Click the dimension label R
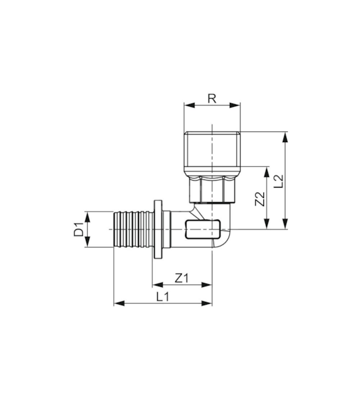click(x=212, y=99)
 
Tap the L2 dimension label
click(x=279, y=181)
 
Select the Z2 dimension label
click(x=260, y=199)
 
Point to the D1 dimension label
click(x=78, y=229)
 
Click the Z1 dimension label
click(x=182, y=279)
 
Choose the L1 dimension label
click(x=162, y=296)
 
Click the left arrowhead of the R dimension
click(x=189, y=106)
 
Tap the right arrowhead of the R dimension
click(x=235, y=106)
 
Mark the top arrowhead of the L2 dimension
click(x=285, y=137)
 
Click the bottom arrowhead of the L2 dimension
click(x=285, y=224)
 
